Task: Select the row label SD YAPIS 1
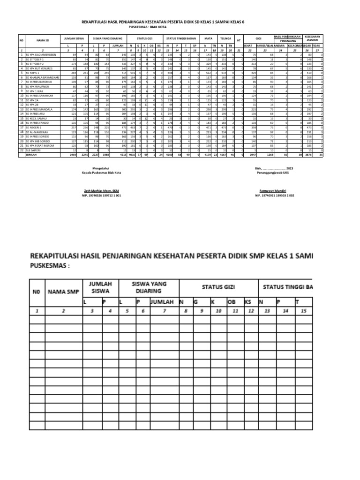pos(34,73)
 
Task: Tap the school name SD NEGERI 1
pos(34,127)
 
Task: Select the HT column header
pos(239,40)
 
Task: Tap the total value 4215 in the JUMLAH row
pos(124,154)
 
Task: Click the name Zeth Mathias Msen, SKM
pos(100,191)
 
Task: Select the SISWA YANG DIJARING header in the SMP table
pos(149,287)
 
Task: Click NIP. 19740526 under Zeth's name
pos(100,195)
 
